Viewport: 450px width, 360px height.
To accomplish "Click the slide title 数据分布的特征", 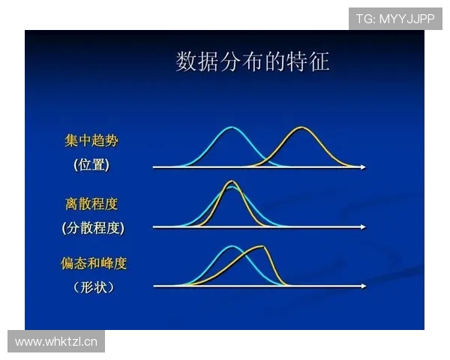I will coord(253,61).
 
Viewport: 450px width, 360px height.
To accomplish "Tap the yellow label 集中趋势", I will coord(91,142).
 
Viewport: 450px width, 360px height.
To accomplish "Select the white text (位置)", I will coord(91,166).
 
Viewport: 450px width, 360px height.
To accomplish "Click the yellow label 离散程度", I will coord(91,204).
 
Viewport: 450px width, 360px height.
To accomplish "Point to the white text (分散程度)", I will coord(93,227).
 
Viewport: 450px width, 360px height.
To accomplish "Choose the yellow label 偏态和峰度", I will coord(94,264).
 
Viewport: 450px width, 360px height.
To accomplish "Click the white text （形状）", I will coord(94,286).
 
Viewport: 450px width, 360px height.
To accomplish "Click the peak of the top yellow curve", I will coord(301,128).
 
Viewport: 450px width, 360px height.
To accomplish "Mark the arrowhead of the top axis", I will coord(363,167).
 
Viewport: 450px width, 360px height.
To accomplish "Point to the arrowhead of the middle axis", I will coord(363,226).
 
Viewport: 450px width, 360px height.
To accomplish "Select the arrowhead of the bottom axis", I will coord(363,286).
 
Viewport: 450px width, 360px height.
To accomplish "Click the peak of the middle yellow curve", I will coord(232,181).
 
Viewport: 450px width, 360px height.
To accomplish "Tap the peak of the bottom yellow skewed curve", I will coord(260,247).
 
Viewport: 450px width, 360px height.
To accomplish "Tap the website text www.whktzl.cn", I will coord(57,342).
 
